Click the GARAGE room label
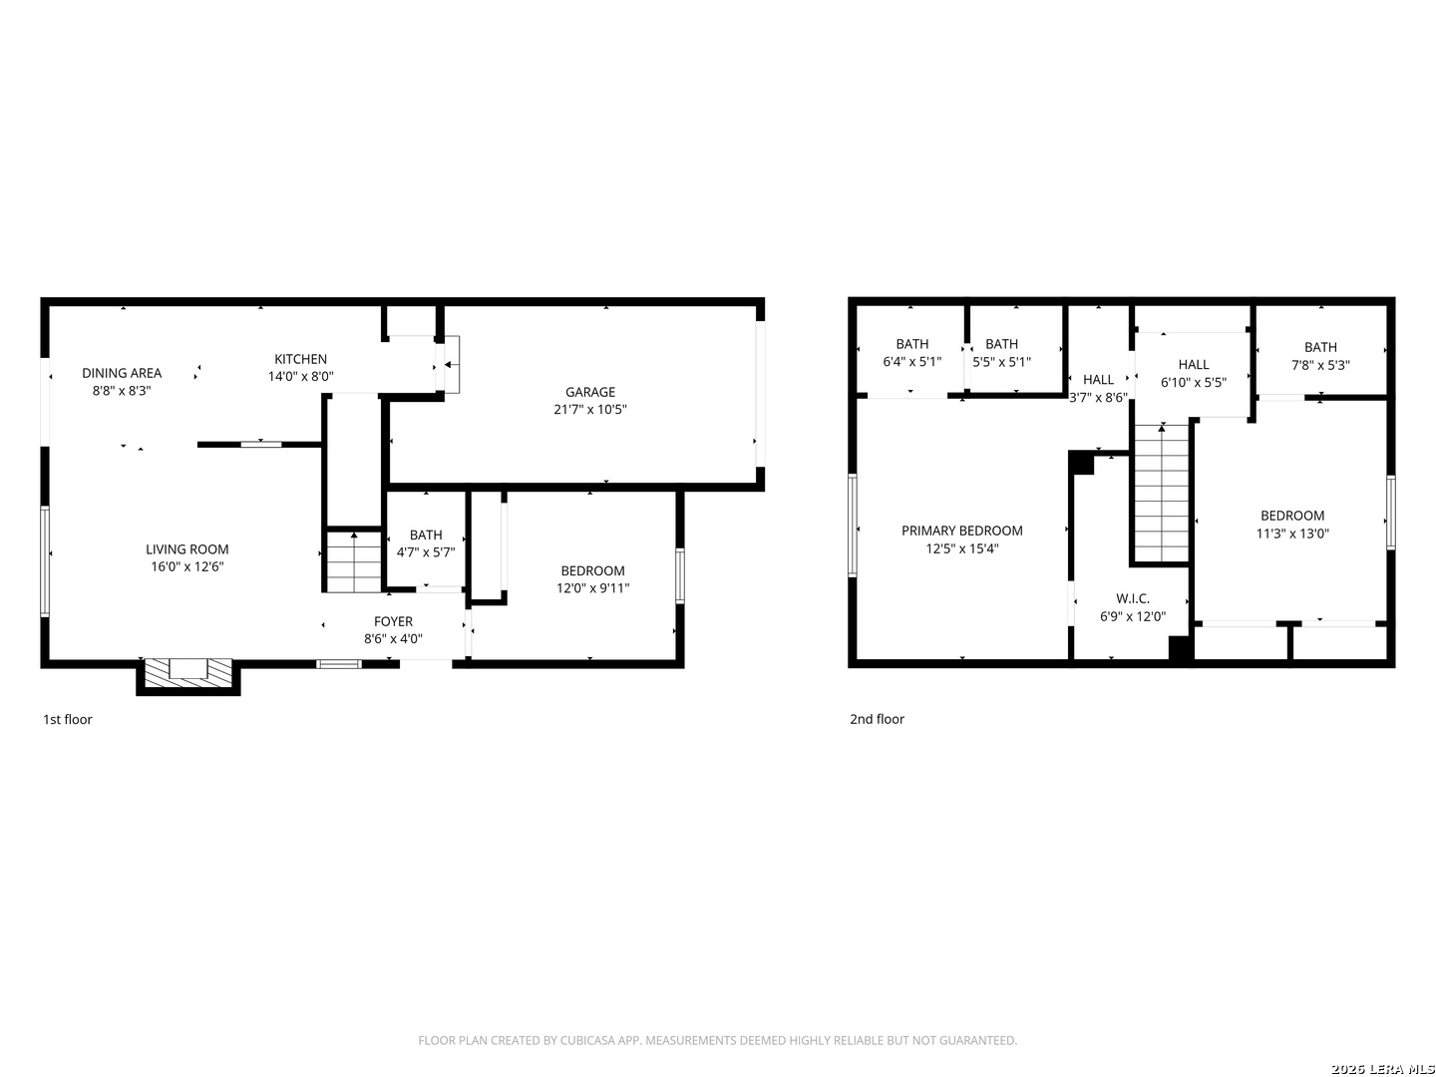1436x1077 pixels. coord(589,392)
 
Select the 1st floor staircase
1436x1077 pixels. coord(354,561)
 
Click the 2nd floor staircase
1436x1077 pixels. coord(1161,493)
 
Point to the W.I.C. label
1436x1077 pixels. coord(1133,598)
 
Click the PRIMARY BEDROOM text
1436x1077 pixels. coord(961,531)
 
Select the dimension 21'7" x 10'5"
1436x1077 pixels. coord(589,409)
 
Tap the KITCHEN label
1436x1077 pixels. coord(300,359)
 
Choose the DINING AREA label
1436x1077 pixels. coord(122,373)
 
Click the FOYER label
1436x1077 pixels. coord(393,621)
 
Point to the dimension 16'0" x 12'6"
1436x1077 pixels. coord(187,566)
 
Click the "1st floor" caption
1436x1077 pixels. coord(68,719)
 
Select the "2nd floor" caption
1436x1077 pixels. coord(877,719)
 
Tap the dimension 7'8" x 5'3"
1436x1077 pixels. coord(1320,365)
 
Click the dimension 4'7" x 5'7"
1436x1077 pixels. coord(425,551)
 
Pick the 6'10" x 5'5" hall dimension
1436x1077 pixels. coord(1194,382)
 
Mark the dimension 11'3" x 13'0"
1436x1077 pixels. coord(1292,533)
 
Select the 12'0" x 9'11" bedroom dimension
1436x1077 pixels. coord(592,588)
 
